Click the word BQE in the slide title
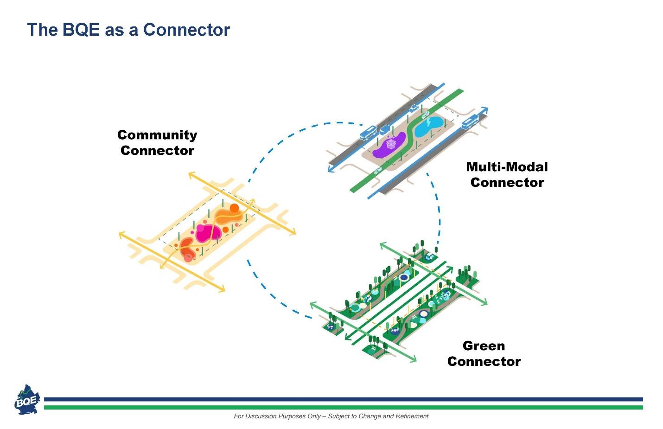coord(81,30)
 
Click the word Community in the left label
coord(157,135)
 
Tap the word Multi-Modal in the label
coord(507,167)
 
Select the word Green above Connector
coord(484,346)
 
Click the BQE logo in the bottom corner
coord(27,399)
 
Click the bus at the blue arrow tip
coord(470,122)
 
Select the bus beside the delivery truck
coord(369,133)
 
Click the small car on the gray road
coord(414,109)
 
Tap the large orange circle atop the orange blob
coord(234,208)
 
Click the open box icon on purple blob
coord(391,142)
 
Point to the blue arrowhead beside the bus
coord(484,110)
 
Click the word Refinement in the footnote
coord(412,416)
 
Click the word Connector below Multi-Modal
coord(507,182)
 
